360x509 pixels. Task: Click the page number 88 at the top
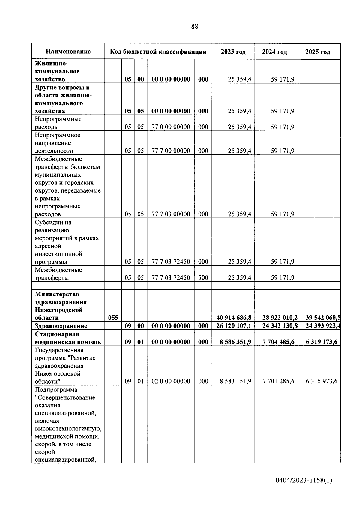click(194, 27)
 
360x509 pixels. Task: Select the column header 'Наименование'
click(68, 52)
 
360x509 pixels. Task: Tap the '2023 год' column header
click(233, 52)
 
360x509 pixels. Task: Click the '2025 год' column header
click(318, 52)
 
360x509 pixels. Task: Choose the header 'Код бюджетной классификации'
click(158, 52)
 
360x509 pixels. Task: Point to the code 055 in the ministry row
click(113, 318)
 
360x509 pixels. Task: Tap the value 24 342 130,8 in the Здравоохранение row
click(280, 326)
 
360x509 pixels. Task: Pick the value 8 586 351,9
click(235, 342)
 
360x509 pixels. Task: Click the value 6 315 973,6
click(322, 381)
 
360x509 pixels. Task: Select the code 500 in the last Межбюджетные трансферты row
click(203, 278)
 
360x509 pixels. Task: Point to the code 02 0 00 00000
click(171, 381)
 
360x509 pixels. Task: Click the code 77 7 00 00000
click(171, 151)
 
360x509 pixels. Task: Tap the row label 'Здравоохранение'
click(61, 326)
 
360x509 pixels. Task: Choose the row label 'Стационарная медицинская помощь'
click(68, 338)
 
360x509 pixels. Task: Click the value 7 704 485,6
click(278, 342)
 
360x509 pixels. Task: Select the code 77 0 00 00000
click(171, 127)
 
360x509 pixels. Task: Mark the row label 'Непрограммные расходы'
click(58, 123)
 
